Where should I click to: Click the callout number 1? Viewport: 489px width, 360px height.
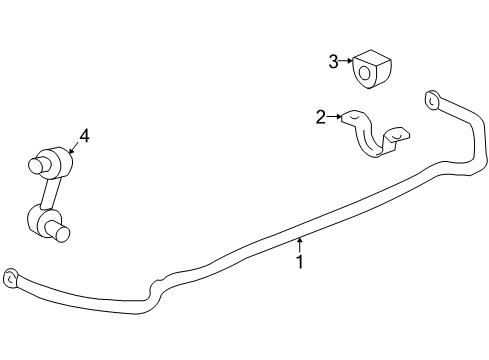[x=298, y=263]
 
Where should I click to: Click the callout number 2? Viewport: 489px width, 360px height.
[x=321, y=118]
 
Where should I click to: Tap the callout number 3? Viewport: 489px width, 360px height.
[x=334, y=62]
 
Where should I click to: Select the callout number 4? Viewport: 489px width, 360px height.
[x=84, y=136]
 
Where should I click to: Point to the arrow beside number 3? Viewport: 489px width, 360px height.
[x=347, y=62]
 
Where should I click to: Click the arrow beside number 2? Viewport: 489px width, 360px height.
[x=337, y=117]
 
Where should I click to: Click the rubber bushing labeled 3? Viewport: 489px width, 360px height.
[x=372, y=66]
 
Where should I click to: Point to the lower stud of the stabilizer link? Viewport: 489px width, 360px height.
[x=63, y=233]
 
